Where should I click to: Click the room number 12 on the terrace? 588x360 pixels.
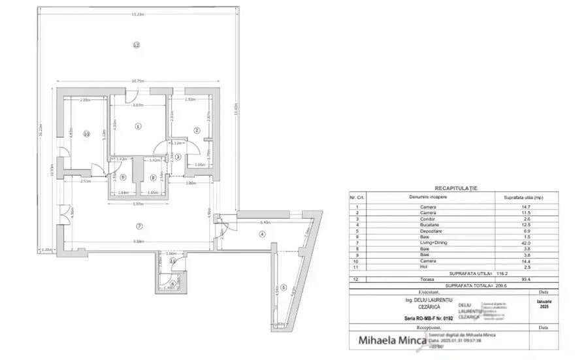pyautogui.click(x=136, y=45)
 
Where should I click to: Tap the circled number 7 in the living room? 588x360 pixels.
pyautogui.click(x=139, y=226)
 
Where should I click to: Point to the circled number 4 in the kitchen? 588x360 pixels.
pyautogui.click(x=262, y=233)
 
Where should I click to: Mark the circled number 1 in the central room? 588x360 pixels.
pyautogui.click(x=138, y=126)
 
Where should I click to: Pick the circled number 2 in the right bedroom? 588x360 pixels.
pyautogui.click(x=196, y=130)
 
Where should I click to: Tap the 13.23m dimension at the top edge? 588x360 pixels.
pyautogui.click(x=137, y=14)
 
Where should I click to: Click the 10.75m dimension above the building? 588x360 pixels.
pyautogui.click(x=138, y=81)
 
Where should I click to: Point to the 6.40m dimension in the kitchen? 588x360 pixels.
pyautogui.click(x=257, y=221)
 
